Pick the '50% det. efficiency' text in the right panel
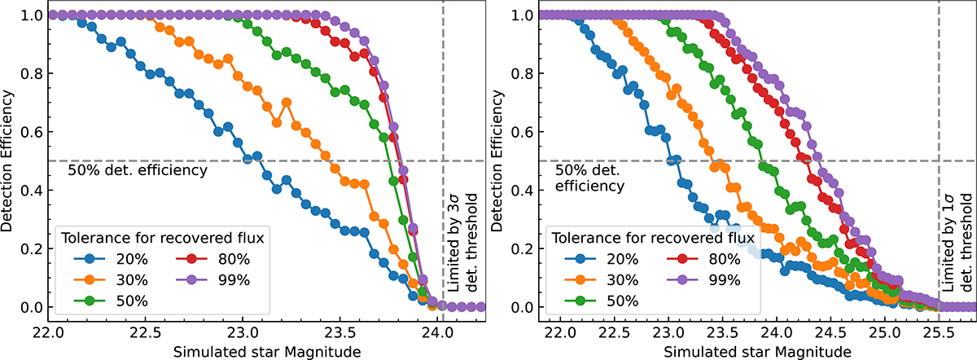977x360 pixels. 590,178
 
